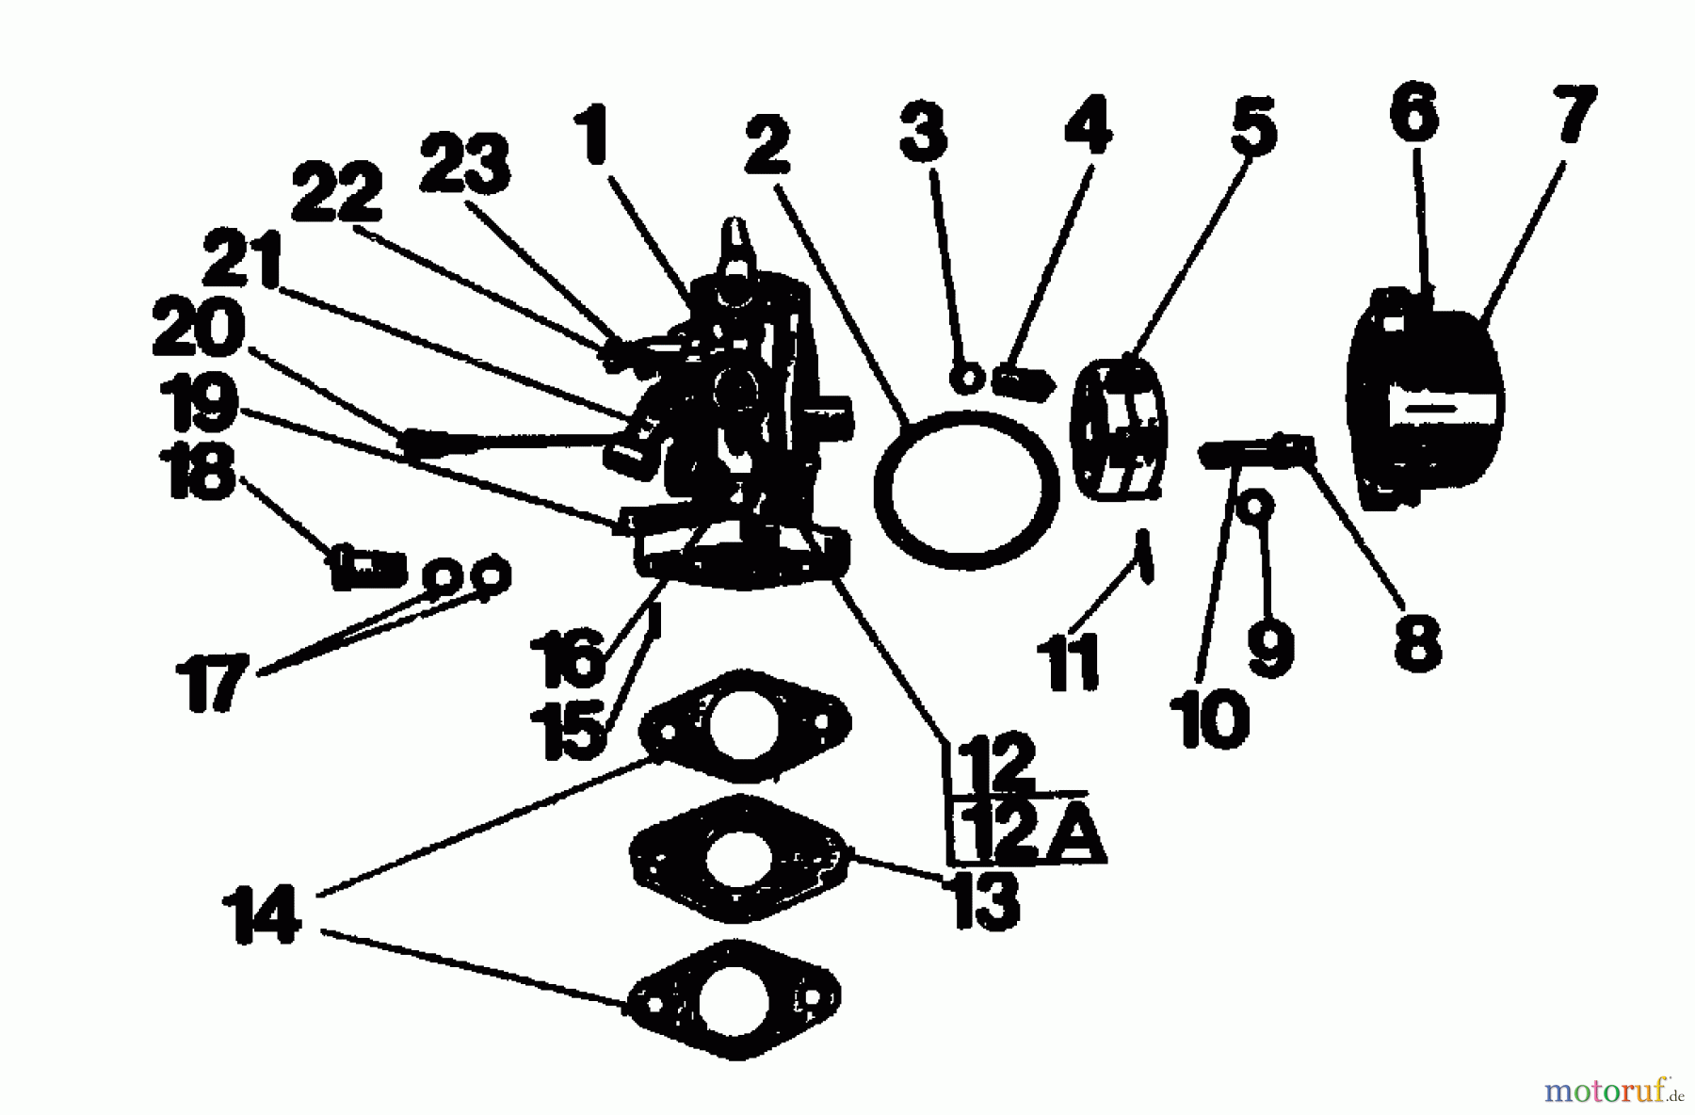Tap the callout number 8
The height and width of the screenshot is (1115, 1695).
[1417, 642]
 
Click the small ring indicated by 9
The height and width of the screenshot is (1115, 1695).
[1254, 507]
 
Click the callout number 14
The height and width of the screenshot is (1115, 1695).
[262, 913]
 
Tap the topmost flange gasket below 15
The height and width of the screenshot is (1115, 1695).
[744, 727]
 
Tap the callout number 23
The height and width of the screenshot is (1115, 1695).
[464, 163]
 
